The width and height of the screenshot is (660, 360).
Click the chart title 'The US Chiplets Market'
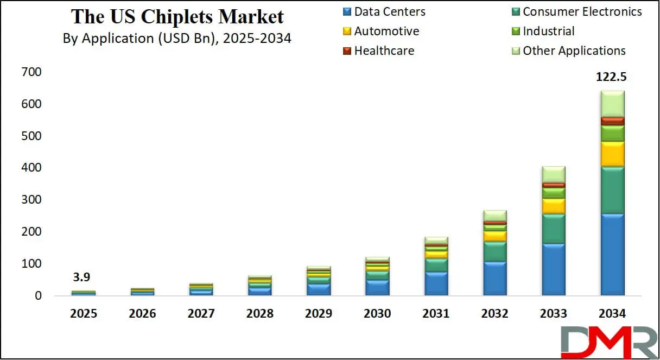point(177,17)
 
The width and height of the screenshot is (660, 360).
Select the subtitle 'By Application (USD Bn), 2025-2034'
point(177,39)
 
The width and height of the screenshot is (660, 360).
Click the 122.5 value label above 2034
point(611,78)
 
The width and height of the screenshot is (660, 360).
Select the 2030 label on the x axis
point(377,314)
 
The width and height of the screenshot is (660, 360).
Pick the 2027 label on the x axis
point(201,314)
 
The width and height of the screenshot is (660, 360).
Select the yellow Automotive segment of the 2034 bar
point(612,154)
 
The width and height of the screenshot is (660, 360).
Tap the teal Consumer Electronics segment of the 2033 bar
point(554,229)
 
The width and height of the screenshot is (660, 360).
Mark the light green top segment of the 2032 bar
point(494,216)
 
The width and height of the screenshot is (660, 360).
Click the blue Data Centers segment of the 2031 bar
point(436,283)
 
